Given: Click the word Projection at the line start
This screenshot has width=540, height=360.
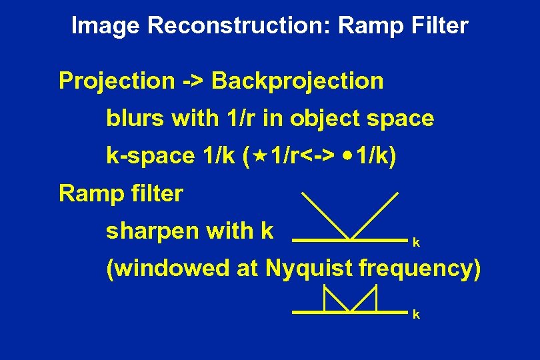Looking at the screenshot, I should [117, 81].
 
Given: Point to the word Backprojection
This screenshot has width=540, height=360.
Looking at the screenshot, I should [298, 81].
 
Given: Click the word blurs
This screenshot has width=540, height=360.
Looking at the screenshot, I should [135, 119].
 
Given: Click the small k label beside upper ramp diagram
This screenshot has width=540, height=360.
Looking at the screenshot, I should [416, 243].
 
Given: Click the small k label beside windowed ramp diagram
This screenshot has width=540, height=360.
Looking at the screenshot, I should [416, 315].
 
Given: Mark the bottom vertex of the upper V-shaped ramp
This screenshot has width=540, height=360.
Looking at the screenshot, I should [349, 238].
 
